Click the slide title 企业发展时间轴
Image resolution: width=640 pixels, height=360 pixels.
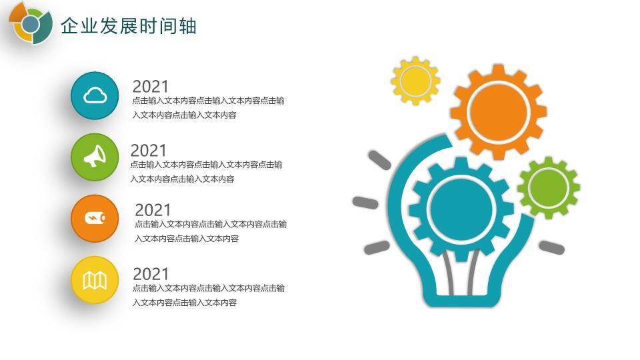pyautogui.click(x=129, y=26)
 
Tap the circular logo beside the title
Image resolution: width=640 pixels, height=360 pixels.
pyautogui.click(x=30, y=24)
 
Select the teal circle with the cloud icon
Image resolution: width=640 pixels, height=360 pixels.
pyautogui.click(x=95, y=96)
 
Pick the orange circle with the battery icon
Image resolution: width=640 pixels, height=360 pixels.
pyautogui.click(x=95, y=219)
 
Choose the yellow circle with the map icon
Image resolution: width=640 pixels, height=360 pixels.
pyautogui.click(x=95, y=280)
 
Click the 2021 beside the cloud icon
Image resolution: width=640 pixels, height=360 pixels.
pyautogui.click(x=151, y=87)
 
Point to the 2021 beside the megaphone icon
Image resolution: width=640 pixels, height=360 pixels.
pyautogui.click(x=149, y=151)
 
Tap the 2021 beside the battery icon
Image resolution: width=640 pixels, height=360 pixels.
pyautogui.click(x=153, y=210)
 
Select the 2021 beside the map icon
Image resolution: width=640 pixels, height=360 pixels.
pyautogui.click(x=151, y=274)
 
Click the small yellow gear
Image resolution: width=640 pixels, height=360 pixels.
pyautogui.click(x=415, y=81)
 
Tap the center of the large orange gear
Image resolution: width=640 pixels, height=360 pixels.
pyautogui.click(x=498, y=112)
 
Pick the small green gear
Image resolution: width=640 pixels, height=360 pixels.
pyautogui.click(x=549, y=187)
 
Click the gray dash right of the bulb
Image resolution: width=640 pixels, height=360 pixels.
pyautogui.click(x=551, y=247)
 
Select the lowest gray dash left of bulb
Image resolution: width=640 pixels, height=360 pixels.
pyautogui.click(x=377, y=248)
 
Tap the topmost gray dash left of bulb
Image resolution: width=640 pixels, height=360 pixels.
pyautogui.click(x=379, y=160)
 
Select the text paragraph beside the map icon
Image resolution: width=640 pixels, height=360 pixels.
pyautogui.click(x=209, y=295)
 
